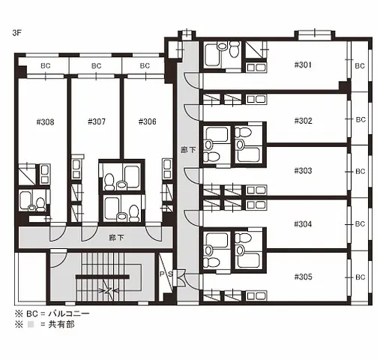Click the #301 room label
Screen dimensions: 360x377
coord(304,64)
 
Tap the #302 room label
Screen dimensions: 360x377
coord(304,120)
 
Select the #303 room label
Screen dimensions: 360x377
coord(304,171)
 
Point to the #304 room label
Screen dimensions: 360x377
coord(304,223)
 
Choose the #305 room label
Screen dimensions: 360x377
coord(304,275)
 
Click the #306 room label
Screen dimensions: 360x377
coord(147,121)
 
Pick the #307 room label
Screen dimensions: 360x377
coord(96,121)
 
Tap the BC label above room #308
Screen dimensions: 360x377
coord(44,66)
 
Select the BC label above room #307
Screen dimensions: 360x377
coord(96,66)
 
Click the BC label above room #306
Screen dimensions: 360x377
coord(147,66)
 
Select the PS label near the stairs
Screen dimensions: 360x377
coord(167,275)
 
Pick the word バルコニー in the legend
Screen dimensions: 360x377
coord(68,314)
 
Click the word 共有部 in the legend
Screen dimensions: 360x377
coord(61,326)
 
